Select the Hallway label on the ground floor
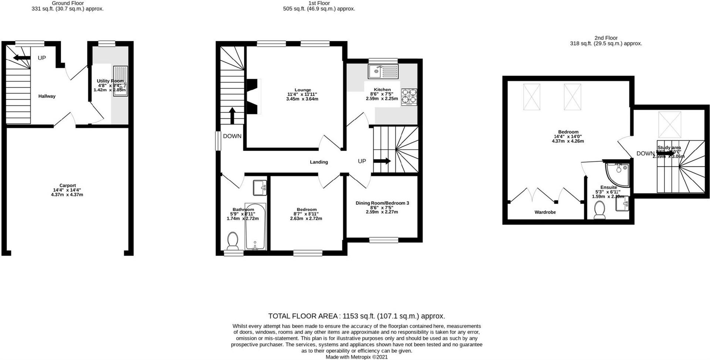tap(47, 96)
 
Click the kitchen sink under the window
tap(383, 71)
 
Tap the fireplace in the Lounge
tap(254, 97)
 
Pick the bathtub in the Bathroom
tap(255, 226)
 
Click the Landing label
tap(319, 162)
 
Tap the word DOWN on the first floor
tap(232, 136)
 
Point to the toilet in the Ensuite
tap(599, 211)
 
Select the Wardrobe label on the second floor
tap(545, 212)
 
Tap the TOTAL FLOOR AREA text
tap(356, 316)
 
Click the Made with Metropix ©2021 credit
tap(356, 357)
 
